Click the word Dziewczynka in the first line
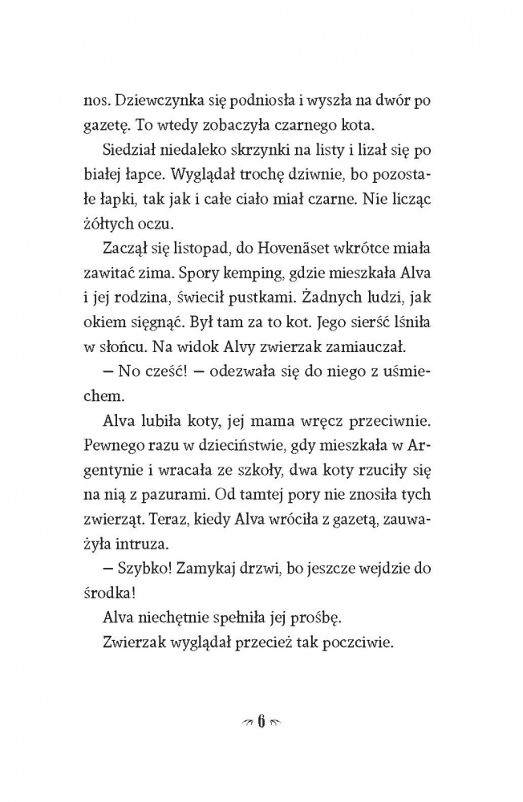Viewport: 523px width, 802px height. (x=172, y=101)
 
